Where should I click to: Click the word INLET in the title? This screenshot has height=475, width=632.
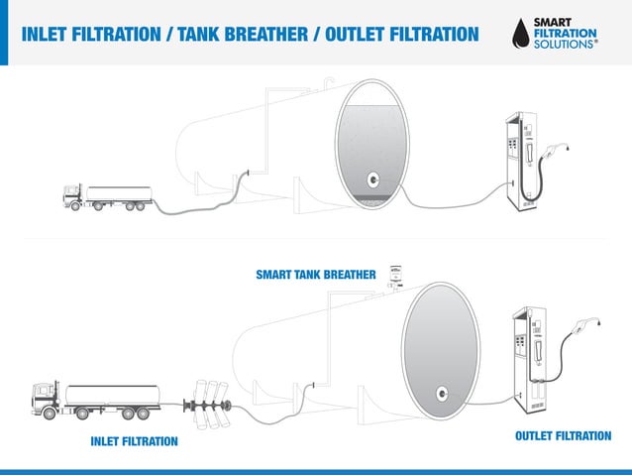(47, 35)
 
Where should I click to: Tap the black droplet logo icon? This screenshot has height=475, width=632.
(520, 32)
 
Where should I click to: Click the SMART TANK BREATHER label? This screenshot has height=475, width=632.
(315, 274)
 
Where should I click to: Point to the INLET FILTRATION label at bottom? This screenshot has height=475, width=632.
(134, 440)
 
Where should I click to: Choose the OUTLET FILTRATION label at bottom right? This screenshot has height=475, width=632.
(564, 435)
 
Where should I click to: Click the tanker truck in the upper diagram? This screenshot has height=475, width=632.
(109, 196)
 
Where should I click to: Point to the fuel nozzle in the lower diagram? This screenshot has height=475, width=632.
(590, 324)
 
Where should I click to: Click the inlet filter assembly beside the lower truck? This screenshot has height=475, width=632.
(209, 401)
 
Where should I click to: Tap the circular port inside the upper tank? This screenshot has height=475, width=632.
(373, 180)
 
